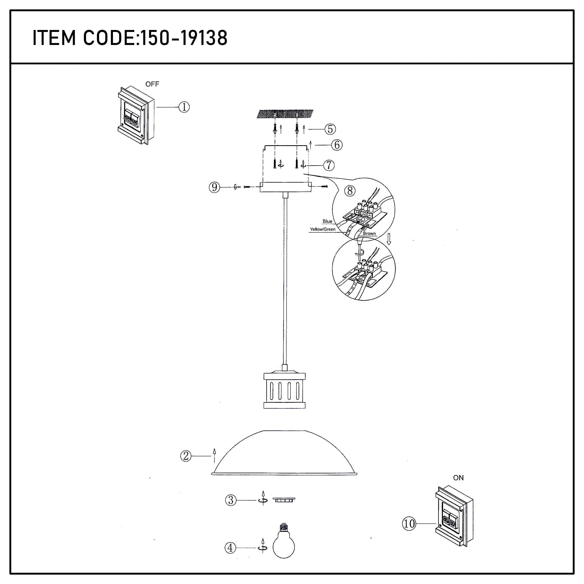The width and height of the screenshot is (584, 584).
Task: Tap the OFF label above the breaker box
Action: pyautogui.click(x=152, y=84)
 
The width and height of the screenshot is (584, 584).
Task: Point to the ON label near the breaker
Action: pyautogui.click(x=458, y=478)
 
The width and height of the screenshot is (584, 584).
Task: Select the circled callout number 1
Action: pyautogui.click(x=184, y=107)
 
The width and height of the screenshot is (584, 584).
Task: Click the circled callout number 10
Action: pyautogui.click(x=409, y=523)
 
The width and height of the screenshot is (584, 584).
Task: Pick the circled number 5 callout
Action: pyautogui.click(x=330, y=129)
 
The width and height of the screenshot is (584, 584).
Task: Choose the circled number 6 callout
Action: pyautogui.click(x=337, y=145)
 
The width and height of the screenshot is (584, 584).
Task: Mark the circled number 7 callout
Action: pyautogui.click(x=329, y=165)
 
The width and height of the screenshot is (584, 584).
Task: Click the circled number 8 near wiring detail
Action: pyautogui.click(x=350, y=191)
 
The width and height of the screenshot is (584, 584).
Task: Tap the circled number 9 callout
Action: pyautogui.click(x=214, y=187)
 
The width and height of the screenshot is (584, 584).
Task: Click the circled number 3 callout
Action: pyautogui.click(x=231, y=500)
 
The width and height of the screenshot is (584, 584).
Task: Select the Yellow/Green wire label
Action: pyautogui.click(x=323, y=229)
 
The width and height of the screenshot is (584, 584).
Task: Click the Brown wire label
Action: pyautogui.click(x=369, y=233)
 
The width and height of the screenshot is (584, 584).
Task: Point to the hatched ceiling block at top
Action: pyautogui.click(x=285, y=114)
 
